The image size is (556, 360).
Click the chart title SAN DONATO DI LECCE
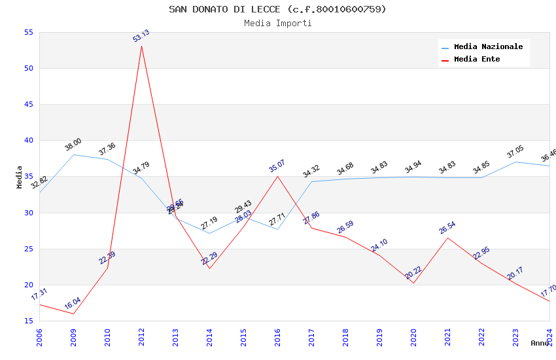tap(277, 9)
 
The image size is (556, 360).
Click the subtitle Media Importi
tap(277, 23)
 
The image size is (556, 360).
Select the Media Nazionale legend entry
tap(488, 47)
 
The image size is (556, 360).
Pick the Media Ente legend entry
tap(477, 60)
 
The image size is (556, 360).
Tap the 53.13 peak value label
tap(141, 36)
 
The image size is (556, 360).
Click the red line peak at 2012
tap(141, 45)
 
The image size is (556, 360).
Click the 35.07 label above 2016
tap(277, 166)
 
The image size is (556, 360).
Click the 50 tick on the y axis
tap(28, 68)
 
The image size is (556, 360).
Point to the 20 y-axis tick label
tap(28, 285)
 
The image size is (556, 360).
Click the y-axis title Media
tap(20, 177)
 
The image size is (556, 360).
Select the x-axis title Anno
tap(540, 343)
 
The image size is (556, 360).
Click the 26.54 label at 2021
tap(447, 228)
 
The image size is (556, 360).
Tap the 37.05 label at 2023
tap(515, 153)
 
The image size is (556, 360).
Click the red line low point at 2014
tap(209, 268)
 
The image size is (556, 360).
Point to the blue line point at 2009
tap(73, 154)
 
